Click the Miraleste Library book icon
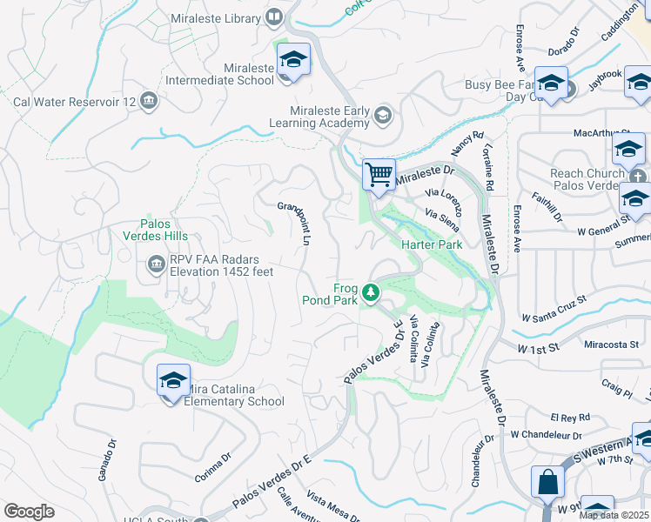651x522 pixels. [274, 17]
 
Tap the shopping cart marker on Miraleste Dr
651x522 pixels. [379, 174]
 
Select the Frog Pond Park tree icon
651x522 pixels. [372, 291]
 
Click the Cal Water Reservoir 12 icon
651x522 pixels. [148, 102]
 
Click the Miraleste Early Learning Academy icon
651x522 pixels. [382, 116]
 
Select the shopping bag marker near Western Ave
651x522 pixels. [547, 480]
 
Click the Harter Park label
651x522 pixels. [431, 244]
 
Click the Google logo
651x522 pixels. [29, 512]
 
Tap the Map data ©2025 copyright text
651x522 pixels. [614, 515]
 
